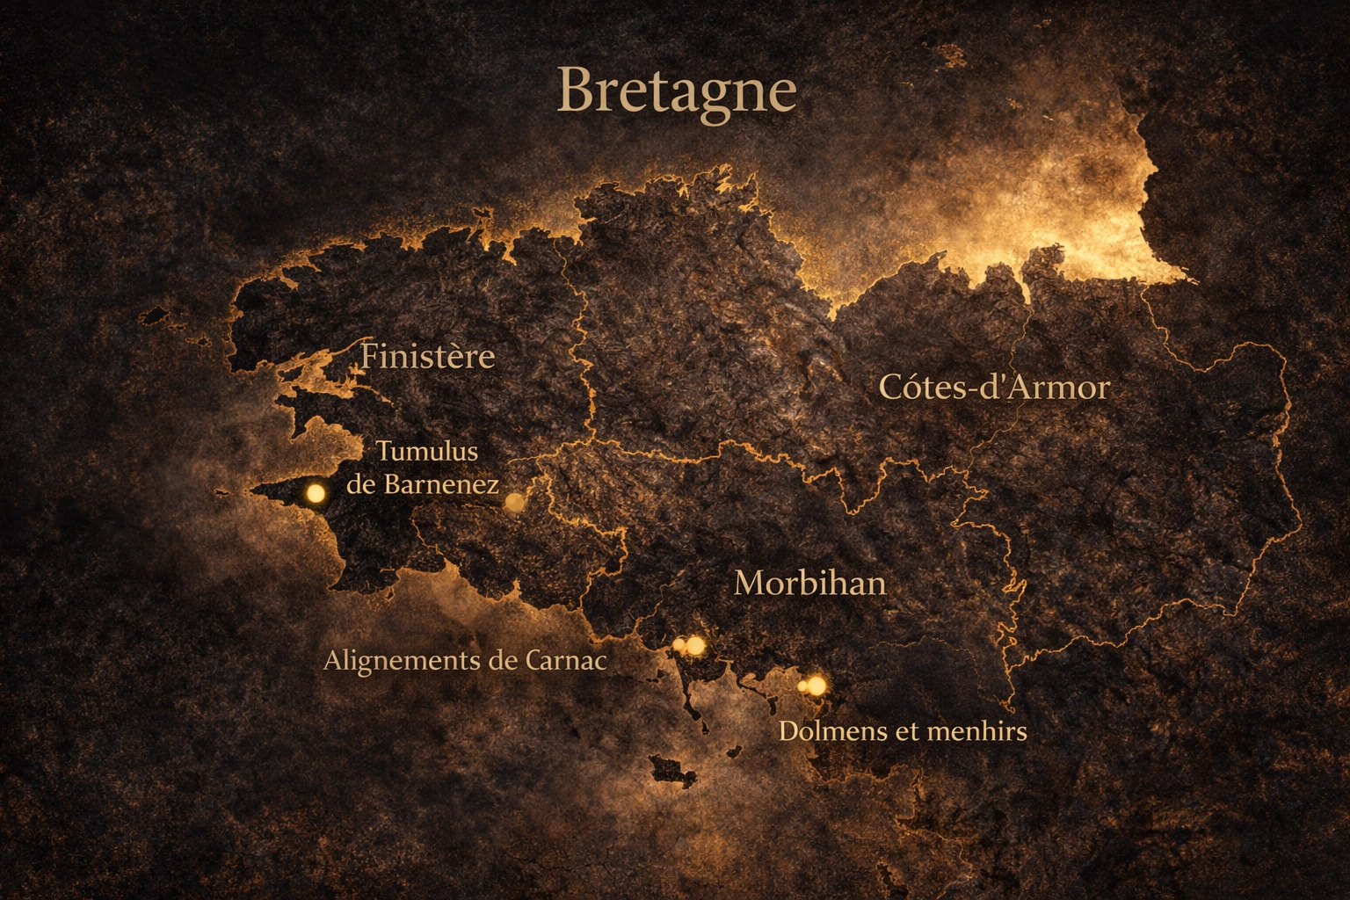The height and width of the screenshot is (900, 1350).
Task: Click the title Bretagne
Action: pyautogui.click(x=676, y=91)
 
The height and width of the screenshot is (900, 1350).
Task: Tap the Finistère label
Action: pyautogui.click(x=428, y=357)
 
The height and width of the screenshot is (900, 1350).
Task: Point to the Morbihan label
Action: pyautogui.click(x=809, y=584)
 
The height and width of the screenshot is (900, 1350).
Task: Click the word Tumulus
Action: pyautogui.click(x=427, y=452)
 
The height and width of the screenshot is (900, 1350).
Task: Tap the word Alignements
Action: pyautogui.click(x=405, y=661)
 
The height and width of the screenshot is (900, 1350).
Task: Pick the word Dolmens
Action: pyautogui.click(x=831, y=730)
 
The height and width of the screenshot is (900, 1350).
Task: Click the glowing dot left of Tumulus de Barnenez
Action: pyautogui.click(x=315, y=494)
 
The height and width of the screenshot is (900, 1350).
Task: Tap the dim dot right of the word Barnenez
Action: pyautogui.click(x=515, y=502)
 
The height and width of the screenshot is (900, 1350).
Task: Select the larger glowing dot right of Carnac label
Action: pyautogui.click(x=695, y=645)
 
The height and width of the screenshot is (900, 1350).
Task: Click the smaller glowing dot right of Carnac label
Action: pyautogui.click(x=679, y=646)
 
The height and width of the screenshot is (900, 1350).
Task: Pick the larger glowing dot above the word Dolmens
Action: pyautogui.click(x=817, y=685)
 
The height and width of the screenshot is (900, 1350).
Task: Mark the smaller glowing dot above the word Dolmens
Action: pyautogui.click(x=802, y=686)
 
